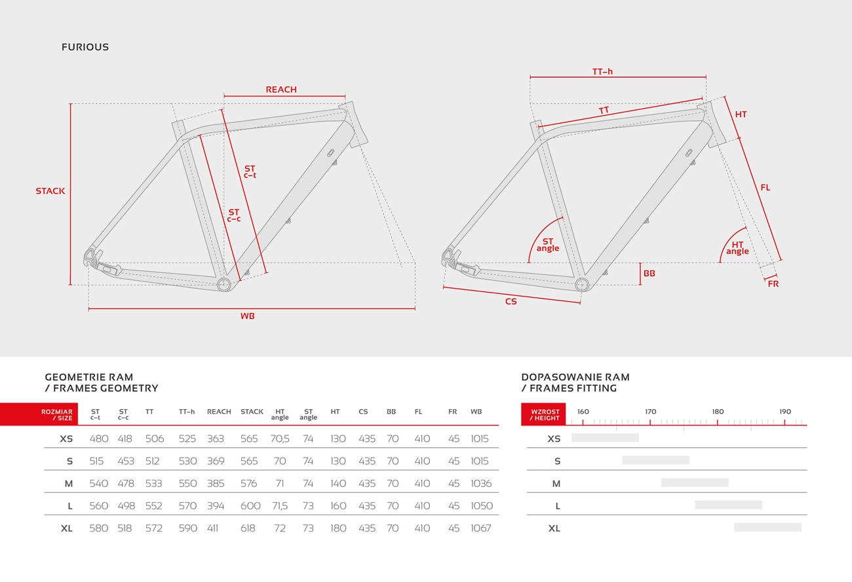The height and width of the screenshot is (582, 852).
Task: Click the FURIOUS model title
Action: (85, 47)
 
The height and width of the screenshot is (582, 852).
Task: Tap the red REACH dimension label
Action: (281, 89)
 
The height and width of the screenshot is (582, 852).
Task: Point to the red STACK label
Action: (50, 191)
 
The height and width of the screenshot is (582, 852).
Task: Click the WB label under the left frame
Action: (248, 316)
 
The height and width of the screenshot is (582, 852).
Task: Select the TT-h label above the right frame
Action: (602, 71)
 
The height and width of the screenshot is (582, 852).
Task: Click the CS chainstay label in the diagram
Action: (511, 301)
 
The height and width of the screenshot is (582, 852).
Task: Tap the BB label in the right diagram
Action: (649, 273)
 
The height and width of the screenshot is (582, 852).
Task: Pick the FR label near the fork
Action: (773, 283)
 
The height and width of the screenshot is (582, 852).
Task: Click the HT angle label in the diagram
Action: (737, 247)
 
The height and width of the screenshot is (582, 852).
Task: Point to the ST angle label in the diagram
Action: (548, 245)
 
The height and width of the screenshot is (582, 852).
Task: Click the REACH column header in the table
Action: (219, 411)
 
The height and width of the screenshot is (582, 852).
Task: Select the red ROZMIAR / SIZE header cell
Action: (39, 414)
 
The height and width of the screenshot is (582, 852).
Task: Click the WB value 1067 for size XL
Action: (481, 528)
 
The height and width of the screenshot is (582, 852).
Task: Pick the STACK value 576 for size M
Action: (249, 483)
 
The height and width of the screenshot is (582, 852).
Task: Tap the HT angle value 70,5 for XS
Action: (280, 439)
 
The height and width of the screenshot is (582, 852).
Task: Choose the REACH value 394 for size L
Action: (216, 505)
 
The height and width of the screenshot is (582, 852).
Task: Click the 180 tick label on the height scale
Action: (718, 411)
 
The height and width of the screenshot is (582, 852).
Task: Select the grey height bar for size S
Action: (656, 460)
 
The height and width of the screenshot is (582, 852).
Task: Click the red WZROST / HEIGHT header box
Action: (543, 414)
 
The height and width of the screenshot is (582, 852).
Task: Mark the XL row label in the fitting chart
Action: (554, 528)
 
